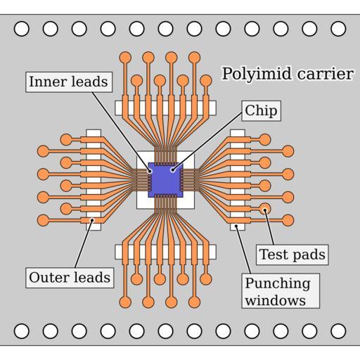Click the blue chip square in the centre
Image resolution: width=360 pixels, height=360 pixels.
pyautogui.click(x=165, y=180)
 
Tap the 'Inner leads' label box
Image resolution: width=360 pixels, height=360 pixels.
pyautogui.click(x=69, y=82)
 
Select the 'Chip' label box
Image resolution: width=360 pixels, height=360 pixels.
pyautogui.click(x=262, y=111)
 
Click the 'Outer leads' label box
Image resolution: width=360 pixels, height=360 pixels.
pyautogui.click(x=70, y=278)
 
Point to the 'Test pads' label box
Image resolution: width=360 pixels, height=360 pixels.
pyautogui.click(x=292, y=255)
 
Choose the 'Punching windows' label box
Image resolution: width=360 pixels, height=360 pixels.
pyautogui.click(x=281, y=291)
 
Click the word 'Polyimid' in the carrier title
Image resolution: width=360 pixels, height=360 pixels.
pyautogui.click(x=257, y=74)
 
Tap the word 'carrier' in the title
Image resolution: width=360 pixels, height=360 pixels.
pyautogui.click(x=326, y=74)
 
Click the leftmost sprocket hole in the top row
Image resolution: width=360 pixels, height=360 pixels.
pyautogui.click(x=22, y=29)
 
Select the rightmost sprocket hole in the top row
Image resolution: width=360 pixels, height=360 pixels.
pyautogui.click(x=338, y=29)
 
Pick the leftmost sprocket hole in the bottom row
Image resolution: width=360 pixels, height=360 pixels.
pyautogui.click(x=22, y=331)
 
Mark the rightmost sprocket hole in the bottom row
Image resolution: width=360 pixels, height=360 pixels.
pyautogui.click(x=338, y=331)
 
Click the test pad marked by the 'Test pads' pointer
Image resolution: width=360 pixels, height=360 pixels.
pyautogui.click(x=265, y=209)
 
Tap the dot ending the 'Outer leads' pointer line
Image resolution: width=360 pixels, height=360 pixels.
pyautogui.click(x=92, y=220)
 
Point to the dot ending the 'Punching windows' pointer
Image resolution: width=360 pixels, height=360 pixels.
pyautogui.click(x=236, y=226)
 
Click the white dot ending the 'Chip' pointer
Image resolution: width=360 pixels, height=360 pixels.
pyautogui.click(x=173, y=169)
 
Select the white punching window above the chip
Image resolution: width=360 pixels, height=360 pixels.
pyautogui.click(x=165, y=108)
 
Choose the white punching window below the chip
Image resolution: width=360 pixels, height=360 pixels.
pyautogui.click(x=165, y=252)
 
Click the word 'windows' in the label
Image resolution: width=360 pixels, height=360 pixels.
pyautogui.click(x=276, y=301)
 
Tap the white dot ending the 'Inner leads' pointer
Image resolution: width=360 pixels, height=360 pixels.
pyautogui.click(x=150, y=171)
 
